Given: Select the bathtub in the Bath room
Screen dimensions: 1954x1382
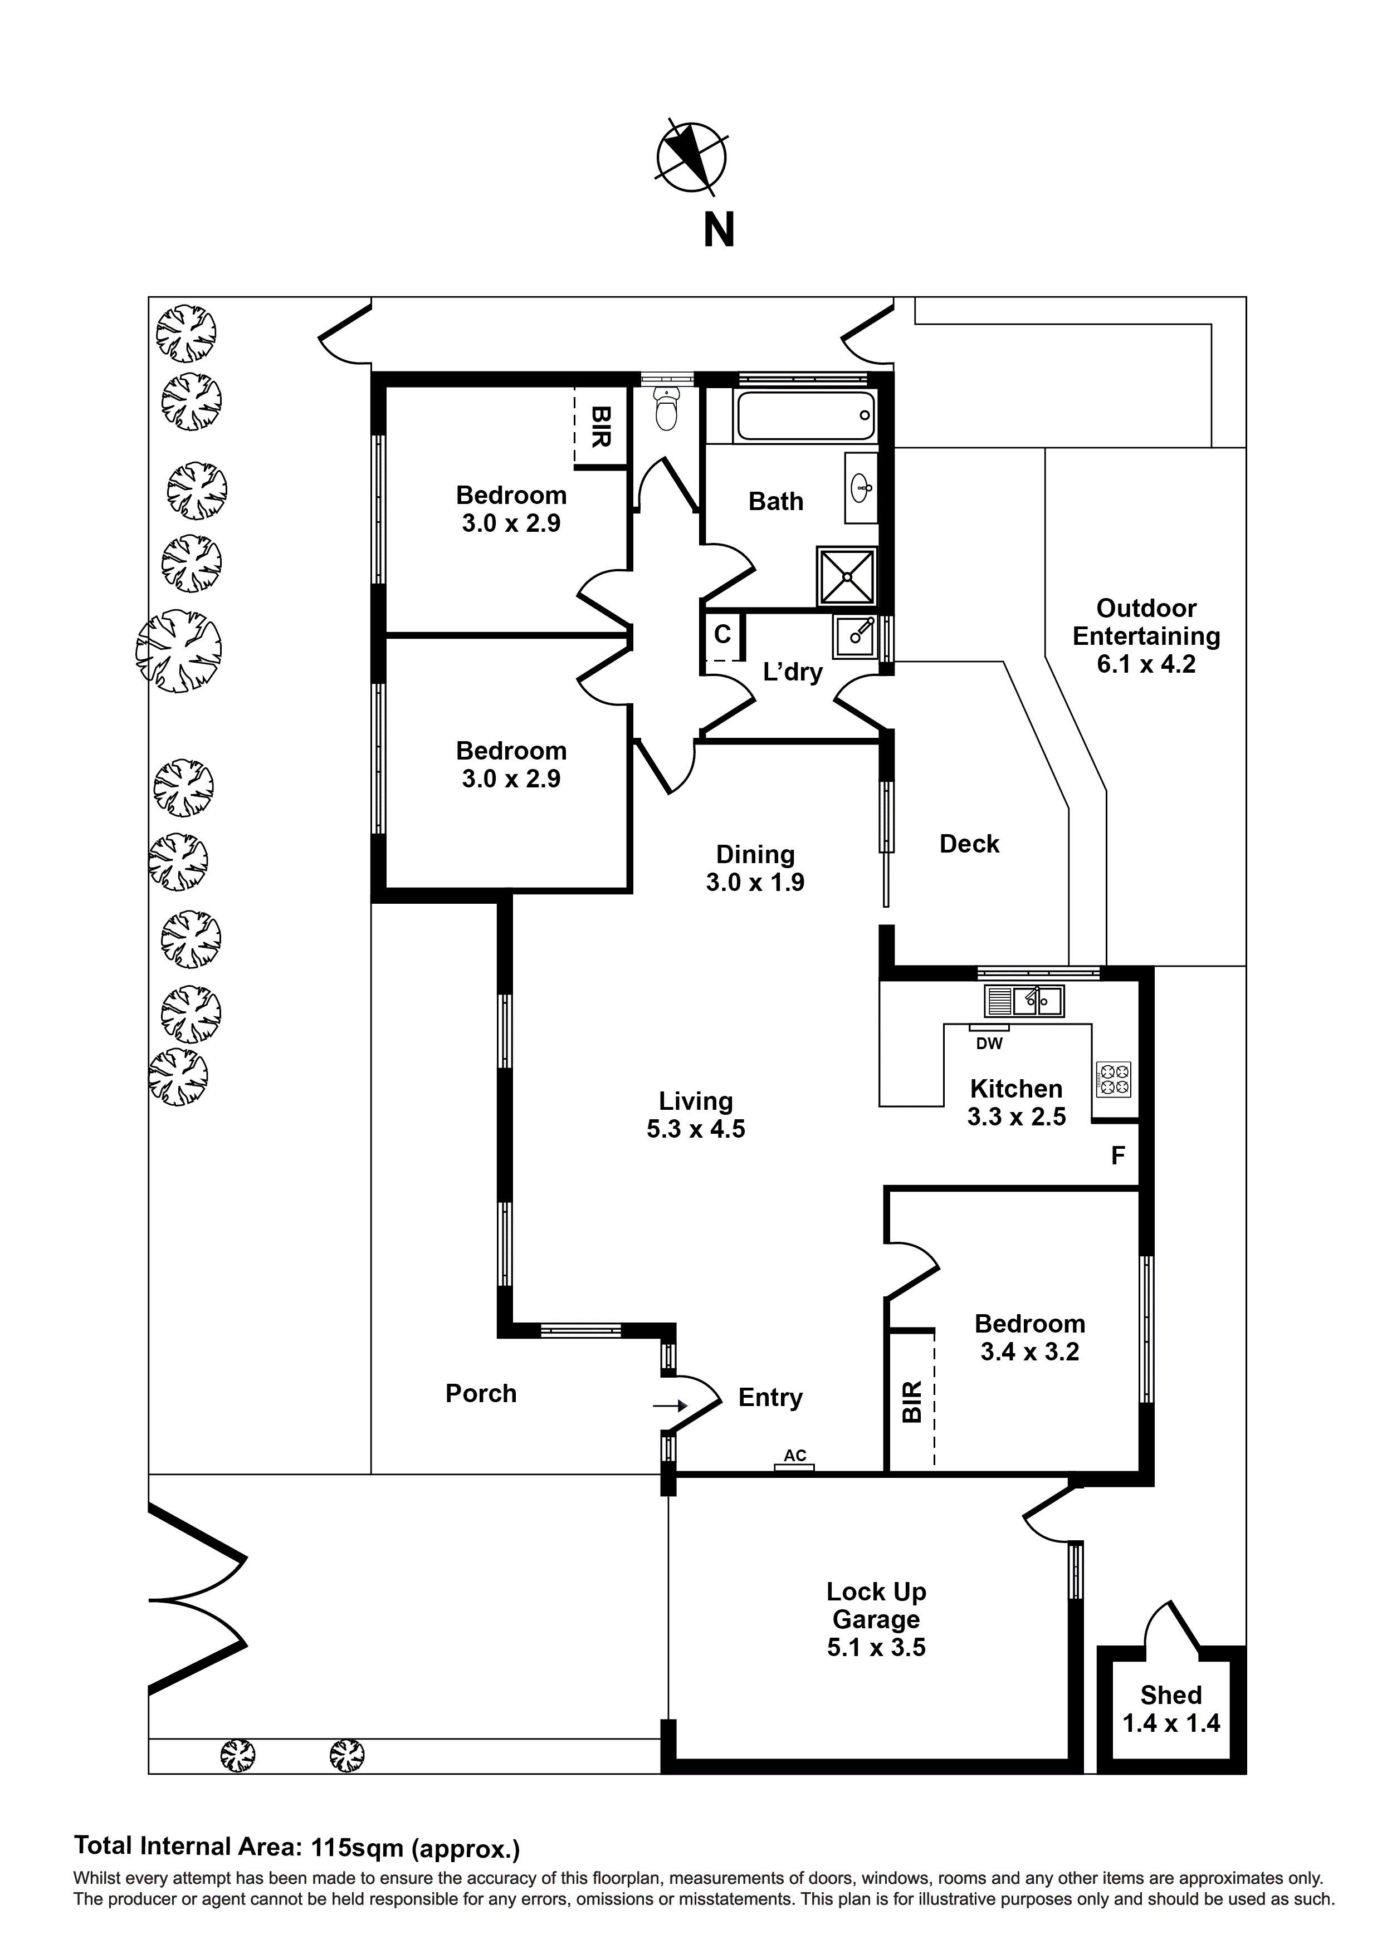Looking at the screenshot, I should click(x=805, y=415).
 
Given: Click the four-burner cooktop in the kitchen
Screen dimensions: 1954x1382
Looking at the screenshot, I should click(x=1114, y=1080).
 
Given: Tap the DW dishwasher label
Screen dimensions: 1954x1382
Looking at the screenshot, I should click(x=989, y=1044).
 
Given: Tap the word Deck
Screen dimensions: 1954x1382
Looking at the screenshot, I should click(x=969, y=844).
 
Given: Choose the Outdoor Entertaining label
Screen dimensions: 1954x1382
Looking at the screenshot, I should click(x=1146, y=622).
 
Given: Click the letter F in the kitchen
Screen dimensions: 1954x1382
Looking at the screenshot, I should click(x=1118, y=1155).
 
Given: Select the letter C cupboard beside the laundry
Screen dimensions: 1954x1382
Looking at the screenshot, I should click(x=722, y=634).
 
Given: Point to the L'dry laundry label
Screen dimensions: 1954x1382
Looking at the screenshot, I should click(x=793, y=672).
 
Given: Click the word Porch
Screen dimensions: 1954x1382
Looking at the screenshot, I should click(x=481, y=1393).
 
